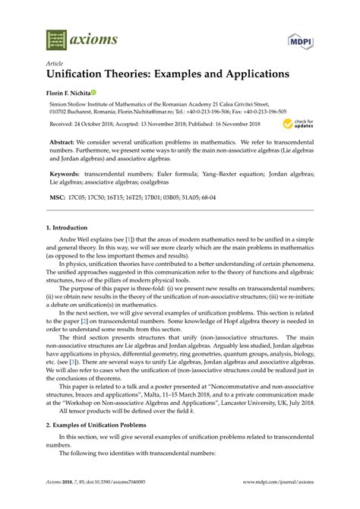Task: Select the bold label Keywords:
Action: [67, 173]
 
